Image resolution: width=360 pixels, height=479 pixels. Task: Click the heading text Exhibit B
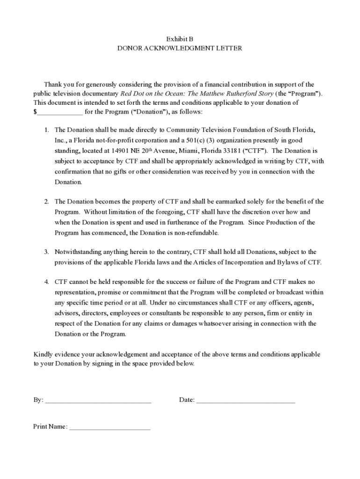click(180, 39)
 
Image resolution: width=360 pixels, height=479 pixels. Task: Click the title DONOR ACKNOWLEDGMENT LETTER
click(180, 48)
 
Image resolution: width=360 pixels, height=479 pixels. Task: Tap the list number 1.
click(47, 130)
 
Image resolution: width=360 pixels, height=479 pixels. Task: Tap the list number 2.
click(47, 202)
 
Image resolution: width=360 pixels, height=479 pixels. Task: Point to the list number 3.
click(47, 252)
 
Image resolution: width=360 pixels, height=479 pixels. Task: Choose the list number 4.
click(47, 282)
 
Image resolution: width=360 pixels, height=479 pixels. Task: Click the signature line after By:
click(98, 400)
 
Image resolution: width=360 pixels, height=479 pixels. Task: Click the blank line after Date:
click(245, 400)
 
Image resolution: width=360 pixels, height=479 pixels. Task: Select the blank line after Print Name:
click(110, 427)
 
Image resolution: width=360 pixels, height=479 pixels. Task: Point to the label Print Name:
click(50, 427)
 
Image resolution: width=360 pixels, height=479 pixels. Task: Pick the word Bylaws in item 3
click(277, 262)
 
